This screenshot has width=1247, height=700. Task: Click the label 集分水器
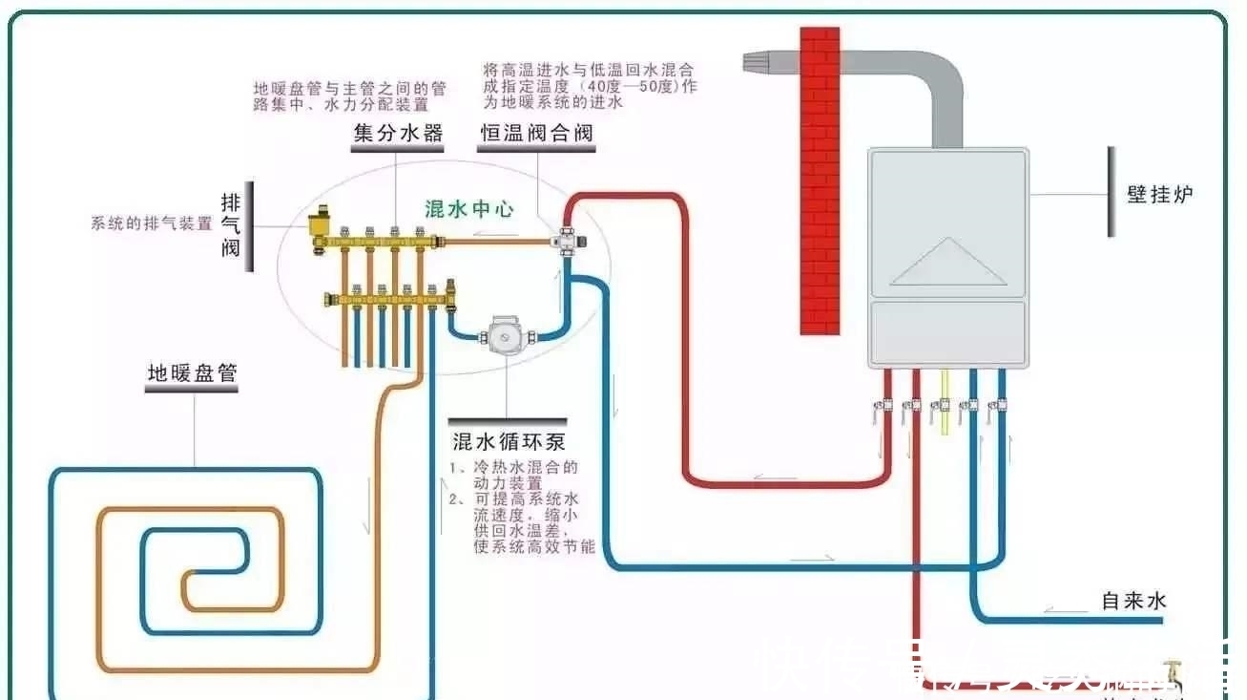coord(398,133)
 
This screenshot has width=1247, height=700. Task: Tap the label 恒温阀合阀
coord(535,133)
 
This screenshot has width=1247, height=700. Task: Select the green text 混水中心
coord(468,208)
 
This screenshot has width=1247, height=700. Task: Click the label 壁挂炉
coord(1159,194)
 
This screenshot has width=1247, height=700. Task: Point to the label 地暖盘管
coord(191,373)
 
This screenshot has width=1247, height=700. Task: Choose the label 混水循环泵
coord(509,441)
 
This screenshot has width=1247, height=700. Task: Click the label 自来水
coord(1133,601)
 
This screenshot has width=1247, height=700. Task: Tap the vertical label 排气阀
coord(231,225)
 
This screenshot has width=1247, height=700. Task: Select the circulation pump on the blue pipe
coord(501,336)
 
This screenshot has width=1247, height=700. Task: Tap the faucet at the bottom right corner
coord(1172,676)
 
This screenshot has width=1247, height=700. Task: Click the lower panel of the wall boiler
coord(946,332)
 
